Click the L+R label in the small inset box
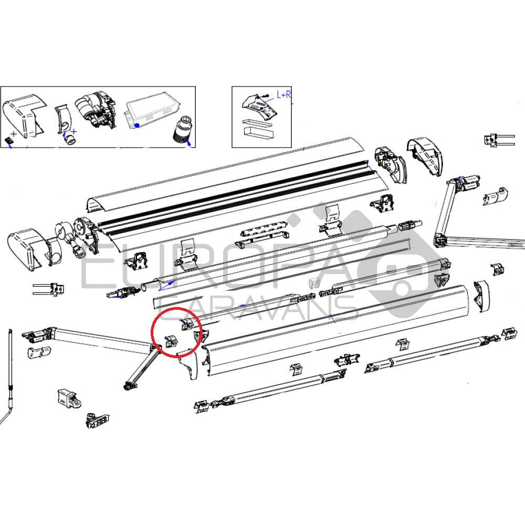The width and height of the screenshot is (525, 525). tap(284, 95)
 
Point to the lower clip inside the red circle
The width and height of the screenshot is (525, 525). tap(170, 342)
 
